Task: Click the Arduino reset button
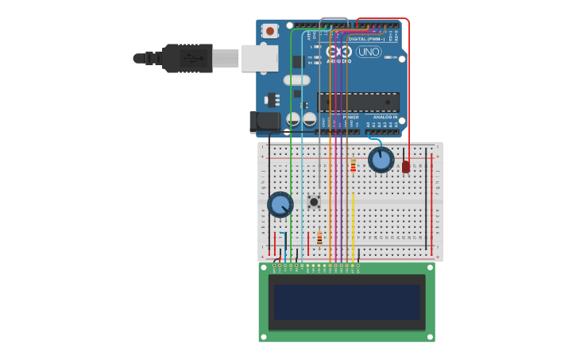point(270,31)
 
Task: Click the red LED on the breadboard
point(406,167)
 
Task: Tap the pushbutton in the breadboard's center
point(314,202)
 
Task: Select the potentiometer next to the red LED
point(381,160)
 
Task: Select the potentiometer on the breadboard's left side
point(280,205)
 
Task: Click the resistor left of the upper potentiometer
point(353,165)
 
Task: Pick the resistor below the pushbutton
point(319,238)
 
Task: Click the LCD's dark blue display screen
point(346,302)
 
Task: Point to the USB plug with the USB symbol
point(187,58)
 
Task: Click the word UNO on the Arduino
point(369,52)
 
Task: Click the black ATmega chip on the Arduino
point(358,102)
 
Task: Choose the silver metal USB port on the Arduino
point(259,58)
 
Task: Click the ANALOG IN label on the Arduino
point(385,117)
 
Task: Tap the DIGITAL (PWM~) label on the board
point(365,38)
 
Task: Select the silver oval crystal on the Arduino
point(296,79)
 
